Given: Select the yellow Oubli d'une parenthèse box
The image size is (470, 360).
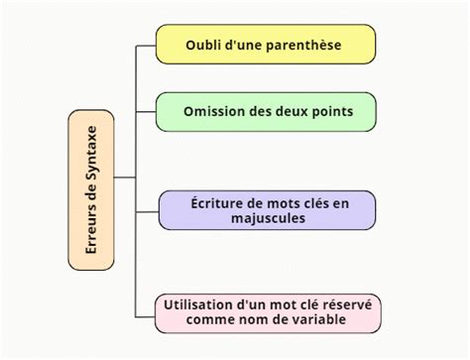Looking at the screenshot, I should (x=265, y=45).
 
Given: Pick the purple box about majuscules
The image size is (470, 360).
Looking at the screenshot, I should (x=268, y=210).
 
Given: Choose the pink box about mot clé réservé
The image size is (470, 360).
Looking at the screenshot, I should (x=268, y=311).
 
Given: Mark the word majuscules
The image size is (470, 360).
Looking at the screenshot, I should (x=268, y=219).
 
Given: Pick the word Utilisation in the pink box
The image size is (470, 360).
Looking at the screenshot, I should (x=204, y=303).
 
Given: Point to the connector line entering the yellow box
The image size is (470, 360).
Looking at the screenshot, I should (x=145, y=45).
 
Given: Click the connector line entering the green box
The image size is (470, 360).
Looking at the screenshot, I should (x=145, y=111).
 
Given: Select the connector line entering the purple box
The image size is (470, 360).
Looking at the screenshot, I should (x=145, y=210).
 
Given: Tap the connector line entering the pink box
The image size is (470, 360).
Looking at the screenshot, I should (x=145, y=311).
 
